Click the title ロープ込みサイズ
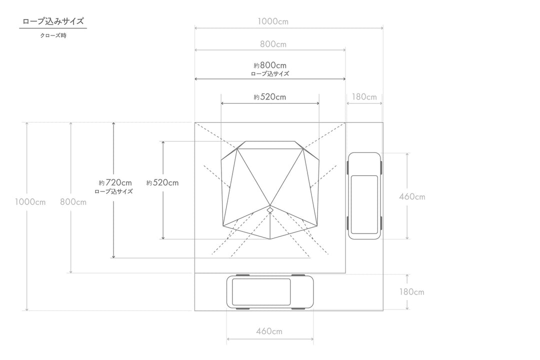tap(53, 21)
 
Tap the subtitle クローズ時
tap(53, 35)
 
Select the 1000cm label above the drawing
tap(273, 21)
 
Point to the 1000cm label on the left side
tap(30, 202)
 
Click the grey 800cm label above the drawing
tap(273, 44)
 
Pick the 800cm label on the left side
tap(73, 202)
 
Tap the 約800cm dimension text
tap(270, 65)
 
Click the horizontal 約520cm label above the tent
tap(270, 97)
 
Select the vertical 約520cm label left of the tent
tap(162, 182)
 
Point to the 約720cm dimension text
tap(115, 182)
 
